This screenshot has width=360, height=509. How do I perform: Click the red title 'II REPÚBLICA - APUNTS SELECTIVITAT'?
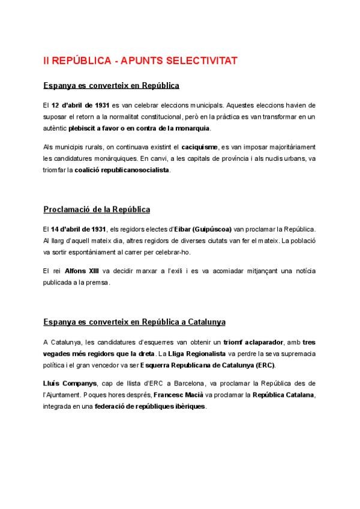click(x=140, y=61)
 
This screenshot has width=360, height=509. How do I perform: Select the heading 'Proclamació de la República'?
click(x=97, y=209)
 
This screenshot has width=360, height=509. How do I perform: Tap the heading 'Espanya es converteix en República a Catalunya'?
click(x=134, y=322)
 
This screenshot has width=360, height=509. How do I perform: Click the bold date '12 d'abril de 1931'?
click(x=80, y=105)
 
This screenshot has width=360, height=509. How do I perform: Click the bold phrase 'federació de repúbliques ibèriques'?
click(x=150, y=406)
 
